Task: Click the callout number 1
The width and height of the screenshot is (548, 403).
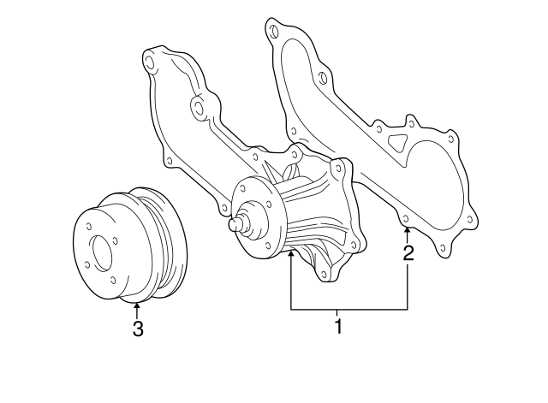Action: click(338, 326)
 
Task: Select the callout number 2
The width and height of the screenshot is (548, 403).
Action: click(408, 252)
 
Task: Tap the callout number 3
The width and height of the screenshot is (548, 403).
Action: click(137, 329)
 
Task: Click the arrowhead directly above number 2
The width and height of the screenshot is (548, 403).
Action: click(408, 232)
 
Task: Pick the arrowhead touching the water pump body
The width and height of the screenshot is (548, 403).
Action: click(291, 254)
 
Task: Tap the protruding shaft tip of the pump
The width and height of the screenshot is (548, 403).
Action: click(234, 225)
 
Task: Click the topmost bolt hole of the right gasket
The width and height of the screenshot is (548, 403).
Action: click(274, 31)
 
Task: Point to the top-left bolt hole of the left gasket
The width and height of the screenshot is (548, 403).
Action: click(151, 62)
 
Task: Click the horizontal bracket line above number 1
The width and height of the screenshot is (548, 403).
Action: click(348, 308)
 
